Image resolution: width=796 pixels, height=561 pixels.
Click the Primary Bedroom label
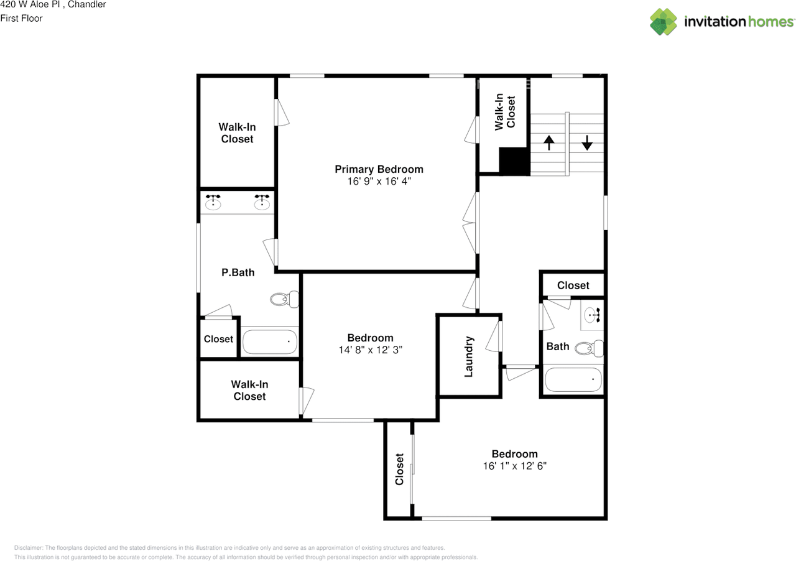tap(379, 169)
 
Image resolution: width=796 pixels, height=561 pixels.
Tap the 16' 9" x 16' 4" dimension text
tap(379, 182)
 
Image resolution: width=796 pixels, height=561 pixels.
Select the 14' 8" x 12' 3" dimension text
tap(370, 350)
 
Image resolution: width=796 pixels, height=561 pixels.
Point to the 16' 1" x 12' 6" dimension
tap(514, 466)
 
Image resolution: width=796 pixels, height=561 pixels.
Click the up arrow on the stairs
tap(548, 143)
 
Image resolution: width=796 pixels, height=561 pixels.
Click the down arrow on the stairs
tap(587, 143)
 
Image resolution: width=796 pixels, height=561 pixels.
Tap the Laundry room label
tap(469, 356)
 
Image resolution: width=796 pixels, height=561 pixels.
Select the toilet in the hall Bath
tap(589, 348)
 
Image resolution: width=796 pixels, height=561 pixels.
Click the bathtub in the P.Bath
tap(269, 341)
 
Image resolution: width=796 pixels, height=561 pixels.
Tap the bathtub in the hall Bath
tap(573, 380)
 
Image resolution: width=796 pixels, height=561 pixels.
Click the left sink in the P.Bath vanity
tap(213, 202)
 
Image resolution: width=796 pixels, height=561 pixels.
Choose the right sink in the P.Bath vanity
tap(262, 202)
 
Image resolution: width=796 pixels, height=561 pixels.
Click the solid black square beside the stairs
tap(514, 161)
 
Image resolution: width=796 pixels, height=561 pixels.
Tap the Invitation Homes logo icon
tap(664, 21)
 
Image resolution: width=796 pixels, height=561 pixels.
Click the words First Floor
tap(21, 18)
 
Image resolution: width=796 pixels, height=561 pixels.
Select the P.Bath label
tap(238, 272)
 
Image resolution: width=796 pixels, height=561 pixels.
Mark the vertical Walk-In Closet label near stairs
tap(504, 112)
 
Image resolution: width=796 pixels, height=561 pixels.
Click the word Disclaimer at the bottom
tap(29, 548)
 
